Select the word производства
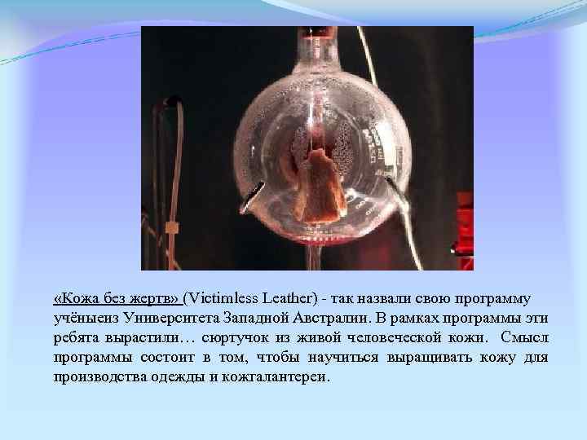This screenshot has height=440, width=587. (99, 377)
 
